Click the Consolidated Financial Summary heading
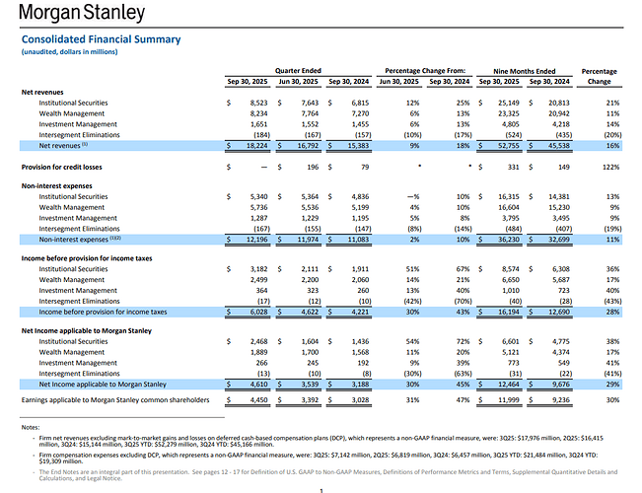click(102, 39)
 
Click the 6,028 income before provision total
click(252, 312)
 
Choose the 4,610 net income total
click(252, 384)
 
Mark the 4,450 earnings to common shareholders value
click(252, 401)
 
